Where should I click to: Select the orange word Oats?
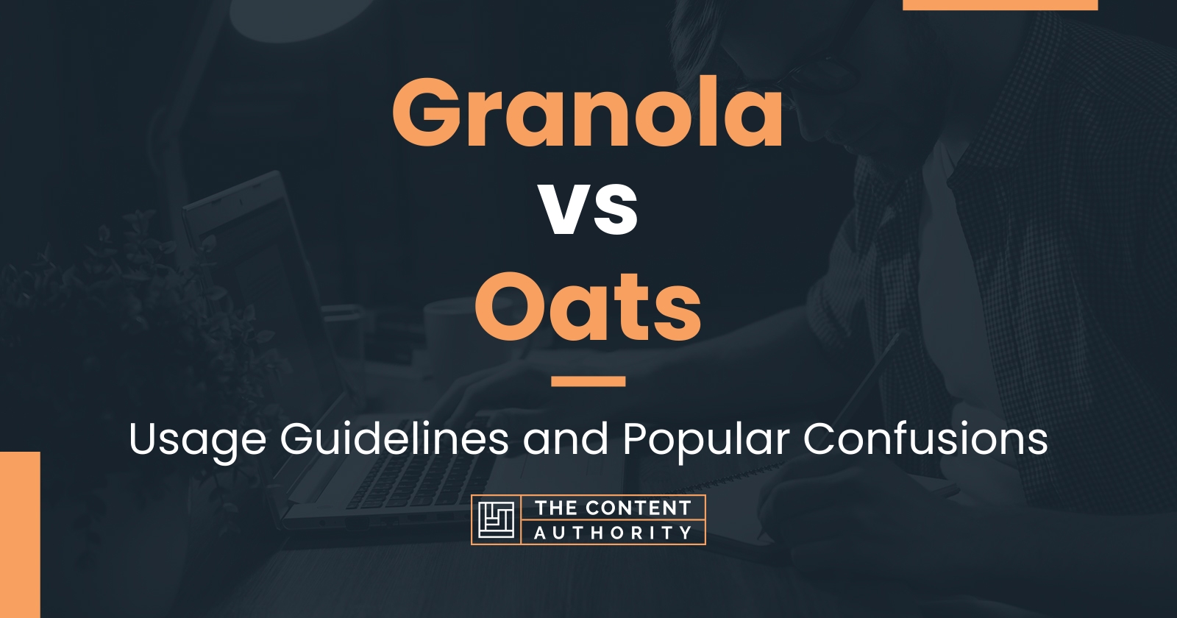588,306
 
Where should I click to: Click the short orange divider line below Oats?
588,381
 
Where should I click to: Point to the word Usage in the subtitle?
198,441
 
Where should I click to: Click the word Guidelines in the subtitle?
394,438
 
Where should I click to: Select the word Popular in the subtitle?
706,441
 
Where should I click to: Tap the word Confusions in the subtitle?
925,439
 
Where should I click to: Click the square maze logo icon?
497,519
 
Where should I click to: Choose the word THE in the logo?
555,508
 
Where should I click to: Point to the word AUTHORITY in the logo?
614,533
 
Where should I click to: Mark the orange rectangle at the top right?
1000,4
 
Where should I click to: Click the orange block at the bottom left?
20,534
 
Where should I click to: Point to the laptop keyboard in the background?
420,478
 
